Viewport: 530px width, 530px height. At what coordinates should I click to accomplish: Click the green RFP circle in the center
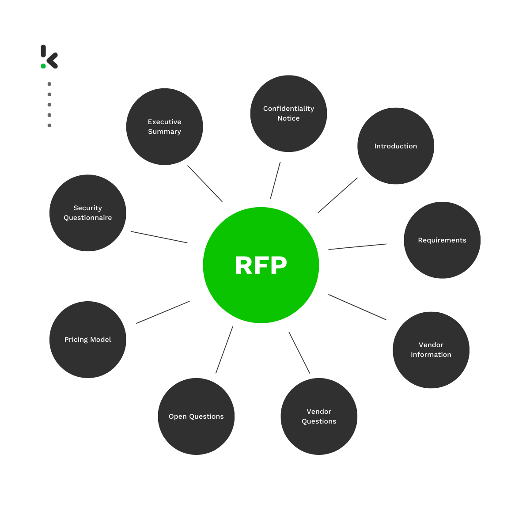tap(261, 265)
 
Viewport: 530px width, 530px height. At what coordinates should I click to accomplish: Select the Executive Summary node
tap(164, 127)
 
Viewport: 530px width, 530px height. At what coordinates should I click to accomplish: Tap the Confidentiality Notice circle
tap(288, 114)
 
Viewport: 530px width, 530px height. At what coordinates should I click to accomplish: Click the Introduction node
tap(396, 146)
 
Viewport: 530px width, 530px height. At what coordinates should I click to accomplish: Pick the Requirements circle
tap(442, 240)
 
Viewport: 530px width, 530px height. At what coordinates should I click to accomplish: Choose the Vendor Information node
tap(431, 350)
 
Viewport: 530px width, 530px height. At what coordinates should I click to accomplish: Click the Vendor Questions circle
tap(319, 416)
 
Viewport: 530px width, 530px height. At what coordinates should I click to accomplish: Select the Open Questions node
tap(196, 416)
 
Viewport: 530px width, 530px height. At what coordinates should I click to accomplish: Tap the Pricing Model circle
tap(88, 340)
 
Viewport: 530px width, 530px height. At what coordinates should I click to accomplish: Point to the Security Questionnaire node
tap(88, 213)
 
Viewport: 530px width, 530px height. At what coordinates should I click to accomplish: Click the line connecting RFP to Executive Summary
tap(205, 184)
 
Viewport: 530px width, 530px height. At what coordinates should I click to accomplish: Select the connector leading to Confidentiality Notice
tap(275, 180)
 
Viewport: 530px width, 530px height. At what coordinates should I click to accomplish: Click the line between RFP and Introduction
tap(337, 195)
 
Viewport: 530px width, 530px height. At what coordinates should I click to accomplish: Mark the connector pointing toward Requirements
tap(357, 246)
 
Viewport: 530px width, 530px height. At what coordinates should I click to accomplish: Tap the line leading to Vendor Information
tap(357, 307)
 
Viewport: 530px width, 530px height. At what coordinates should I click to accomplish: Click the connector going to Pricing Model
tap(163, 312)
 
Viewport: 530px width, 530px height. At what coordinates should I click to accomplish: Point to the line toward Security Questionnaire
tap(159, 237)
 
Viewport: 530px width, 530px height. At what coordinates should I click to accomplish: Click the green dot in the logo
tap(43, 66)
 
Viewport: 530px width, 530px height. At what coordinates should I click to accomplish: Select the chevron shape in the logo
tap(53, 61)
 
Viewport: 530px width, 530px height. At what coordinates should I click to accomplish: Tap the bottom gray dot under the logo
tap(49, 125)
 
